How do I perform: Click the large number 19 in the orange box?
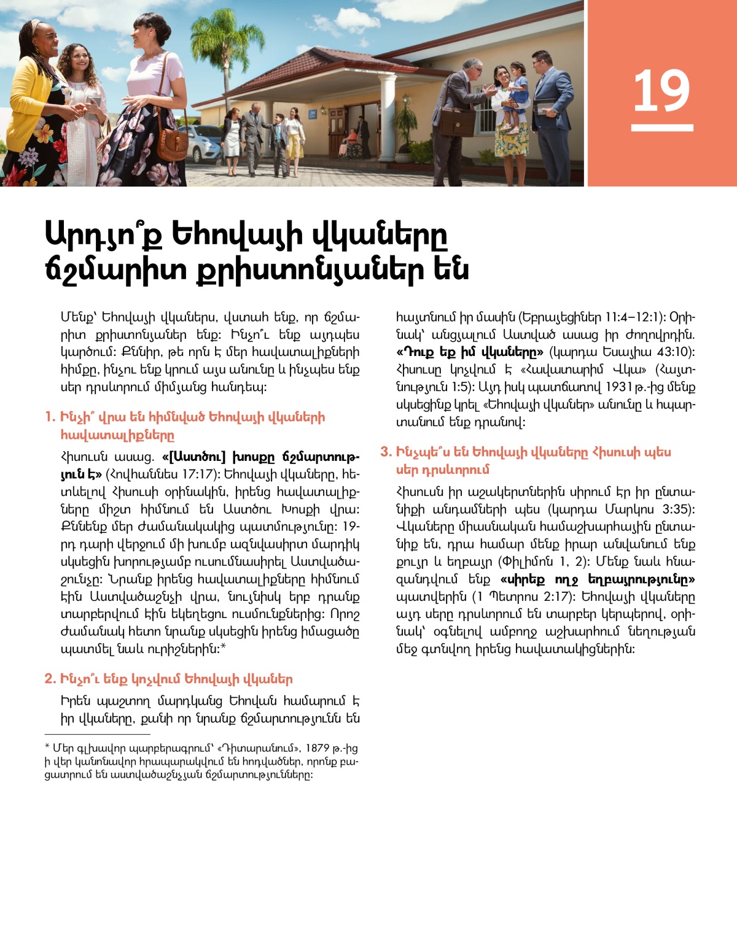click(661, 91)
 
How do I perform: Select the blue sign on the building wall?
click(313, 114)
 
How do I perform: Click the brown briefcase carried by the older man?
click(457, 122)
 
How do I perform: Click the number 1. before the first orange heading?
click(50, 417)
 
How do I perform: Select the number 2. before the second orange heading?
click(50, 679)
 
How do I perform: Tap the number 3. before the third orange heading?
click(386, 452)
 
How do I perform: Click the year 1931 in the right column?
click(618, 387)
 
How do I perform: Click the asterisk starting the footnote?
click(47, 748)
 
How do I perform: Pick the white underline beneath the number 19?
click(661, 128)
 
